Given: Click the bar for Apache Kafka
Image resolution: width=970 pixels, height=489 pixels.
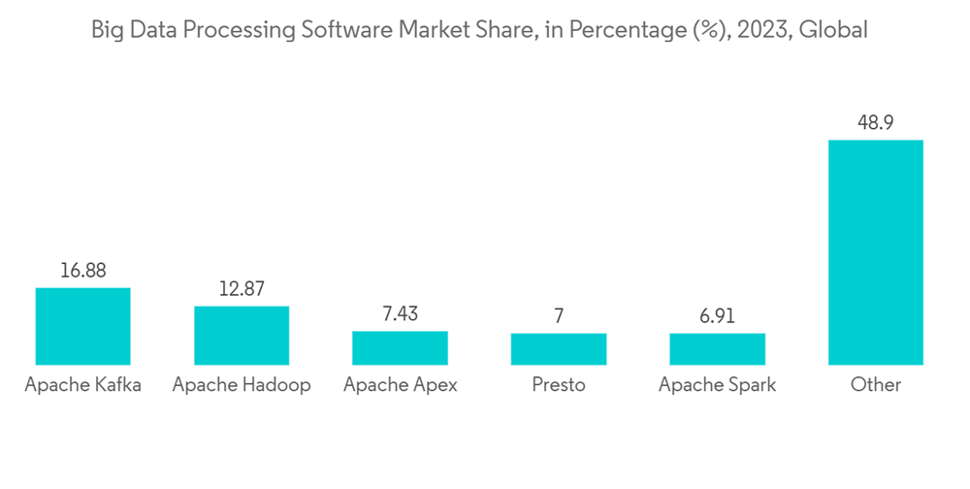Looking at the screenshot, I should tap(82, 326).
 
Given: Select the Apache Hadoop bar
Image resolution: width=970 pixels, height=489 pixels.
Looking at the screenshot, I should tap(242, 335).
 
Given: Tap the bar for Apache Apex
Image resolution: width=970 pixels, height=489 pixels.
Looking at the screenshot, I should tap(400, 347).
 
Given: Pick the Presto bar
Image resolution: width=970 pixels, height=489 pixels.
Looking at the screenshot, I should tap(559, 349).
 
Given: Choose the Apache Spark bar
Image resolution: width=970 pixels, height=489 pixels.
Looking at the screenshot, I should tap(717, 349).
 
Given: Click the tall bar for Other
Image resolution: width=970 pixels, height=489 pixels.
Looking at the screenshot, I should tap(875, 252).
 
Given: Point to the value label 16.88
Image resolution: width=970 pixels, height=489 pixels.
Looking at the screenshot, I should tap(82, 271).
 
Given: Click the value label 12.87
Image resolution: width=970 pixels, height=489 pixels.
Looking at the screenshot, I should tap(242, 288).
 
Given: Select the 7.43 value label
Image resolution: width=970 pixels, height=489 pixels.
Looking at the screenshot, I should tap(400, 313).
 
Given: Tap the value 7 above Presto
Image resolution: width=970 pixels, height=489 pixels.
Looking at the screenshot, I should tap(559, 316).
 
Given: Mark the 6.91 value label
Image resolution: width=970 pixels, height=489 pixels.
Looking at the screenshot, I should tap(717, 316).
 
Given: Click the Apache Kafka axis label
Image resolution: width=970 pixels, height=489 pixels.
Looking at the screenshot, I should tap(82, 385).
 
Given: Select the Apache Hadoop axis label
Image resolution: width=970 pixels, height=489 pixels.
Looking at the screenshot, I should tap(242, 385).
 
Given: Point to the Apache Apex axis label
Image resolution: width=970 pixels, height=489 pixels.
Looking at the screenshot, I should tap(400, 385).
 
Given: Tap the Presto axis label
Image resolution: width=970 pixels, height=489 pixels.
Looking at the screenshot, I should tap(559, 385).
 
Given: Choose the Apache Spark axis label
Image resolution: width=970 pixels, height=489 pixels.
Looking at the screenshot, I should tap(717, 385).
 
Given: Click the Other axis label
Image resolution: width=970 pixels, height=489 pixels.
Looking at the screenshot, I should tap(875, 385).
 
